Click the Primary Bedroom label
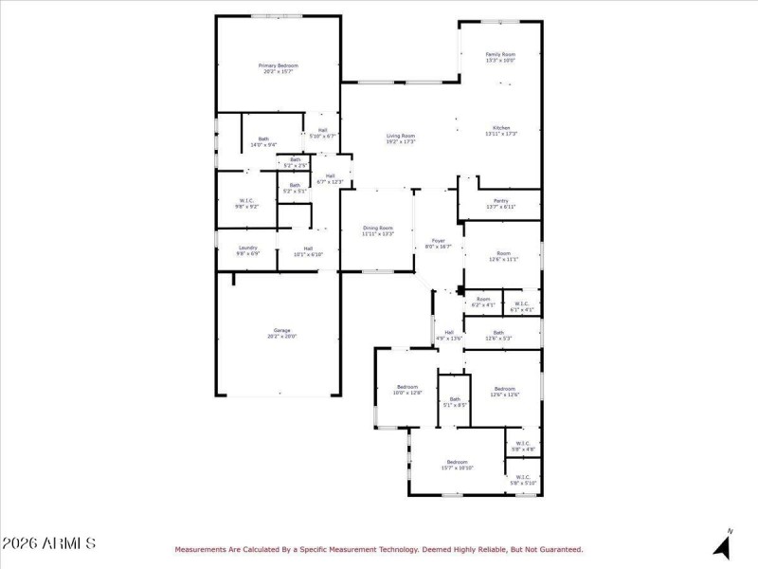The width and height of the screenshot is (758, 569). pyautogui.click(x=278, y=65)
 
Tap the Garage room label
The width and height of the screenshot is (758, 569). pyautogui.click(x=278, y=330)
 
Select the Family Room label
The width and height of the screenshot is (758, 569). pyautogui.click(x=500, y=55)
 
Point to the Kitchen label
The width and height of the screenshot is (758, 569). pyautogui.click(x=501, y=128)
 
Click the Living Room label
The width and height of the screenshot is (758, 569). pyautogui.click(x=400, y=136)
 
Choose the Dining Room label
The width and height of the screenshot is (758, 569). pyautogui.click(x=378, y=228)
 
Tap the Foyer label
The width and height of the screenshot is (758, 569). pyautogui.click(x=438, y=241)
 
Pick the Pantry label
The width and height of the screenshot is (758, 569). pyautogui.click(x=501, y=201)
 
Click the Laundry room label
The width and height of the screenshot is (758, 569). pyautogui.click(x=248, y=248)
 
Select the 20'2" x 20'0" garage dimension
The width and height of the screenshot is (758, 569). pyautogui.click(x=278, y=337)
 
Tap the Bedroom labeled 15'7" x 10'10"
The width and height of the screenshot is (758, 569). pyautogui.click(x=457, y=462)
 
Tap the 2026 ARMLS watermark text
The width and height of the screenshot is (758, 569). pyautogui.click(x=48, y=544)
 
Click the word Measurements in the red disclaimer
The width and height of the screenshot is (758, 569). pyautogui.click(x=204, y=549)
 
